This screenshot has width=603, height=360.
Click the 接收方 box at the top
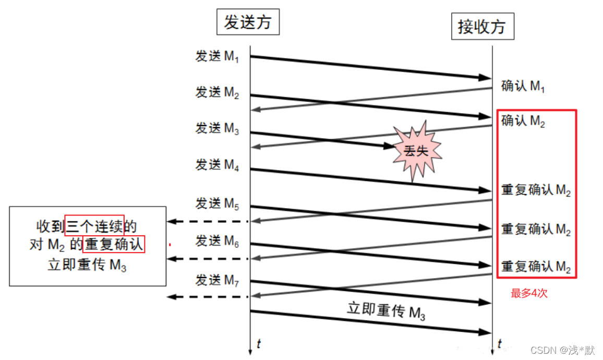(x=482, y=26)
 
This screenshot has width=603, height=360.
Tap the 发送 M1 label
(x=217, y=57)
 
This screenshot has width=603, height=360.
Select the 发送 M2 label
(x=217, y=93)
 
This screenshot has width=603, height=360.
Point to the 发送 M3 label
(x=217, y=128)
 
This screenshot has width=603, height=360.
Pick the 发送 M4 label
(x=217, y=165)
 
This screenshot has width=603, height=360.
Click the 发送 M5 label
(x=217, y=203)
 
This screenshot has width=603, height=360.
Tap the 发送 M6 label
(x=217, y=241)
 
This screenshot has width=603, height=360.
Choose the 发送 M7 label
(x=217, y=280)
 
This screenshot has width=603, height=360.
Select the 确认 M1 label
(x=523, y=87)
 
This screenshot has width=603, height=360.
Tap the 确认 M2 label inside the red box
(x=523, y=122)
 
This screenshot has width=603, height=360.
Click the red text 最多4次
(x=529, y=293)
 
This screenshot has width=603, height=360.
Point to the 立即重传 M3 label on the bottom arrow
(x=386, y=311)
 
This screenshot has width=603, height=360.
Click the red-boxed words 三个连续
(x=94, y=226)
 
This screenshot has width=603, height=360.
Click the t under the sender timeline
(x=258, y=343)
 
